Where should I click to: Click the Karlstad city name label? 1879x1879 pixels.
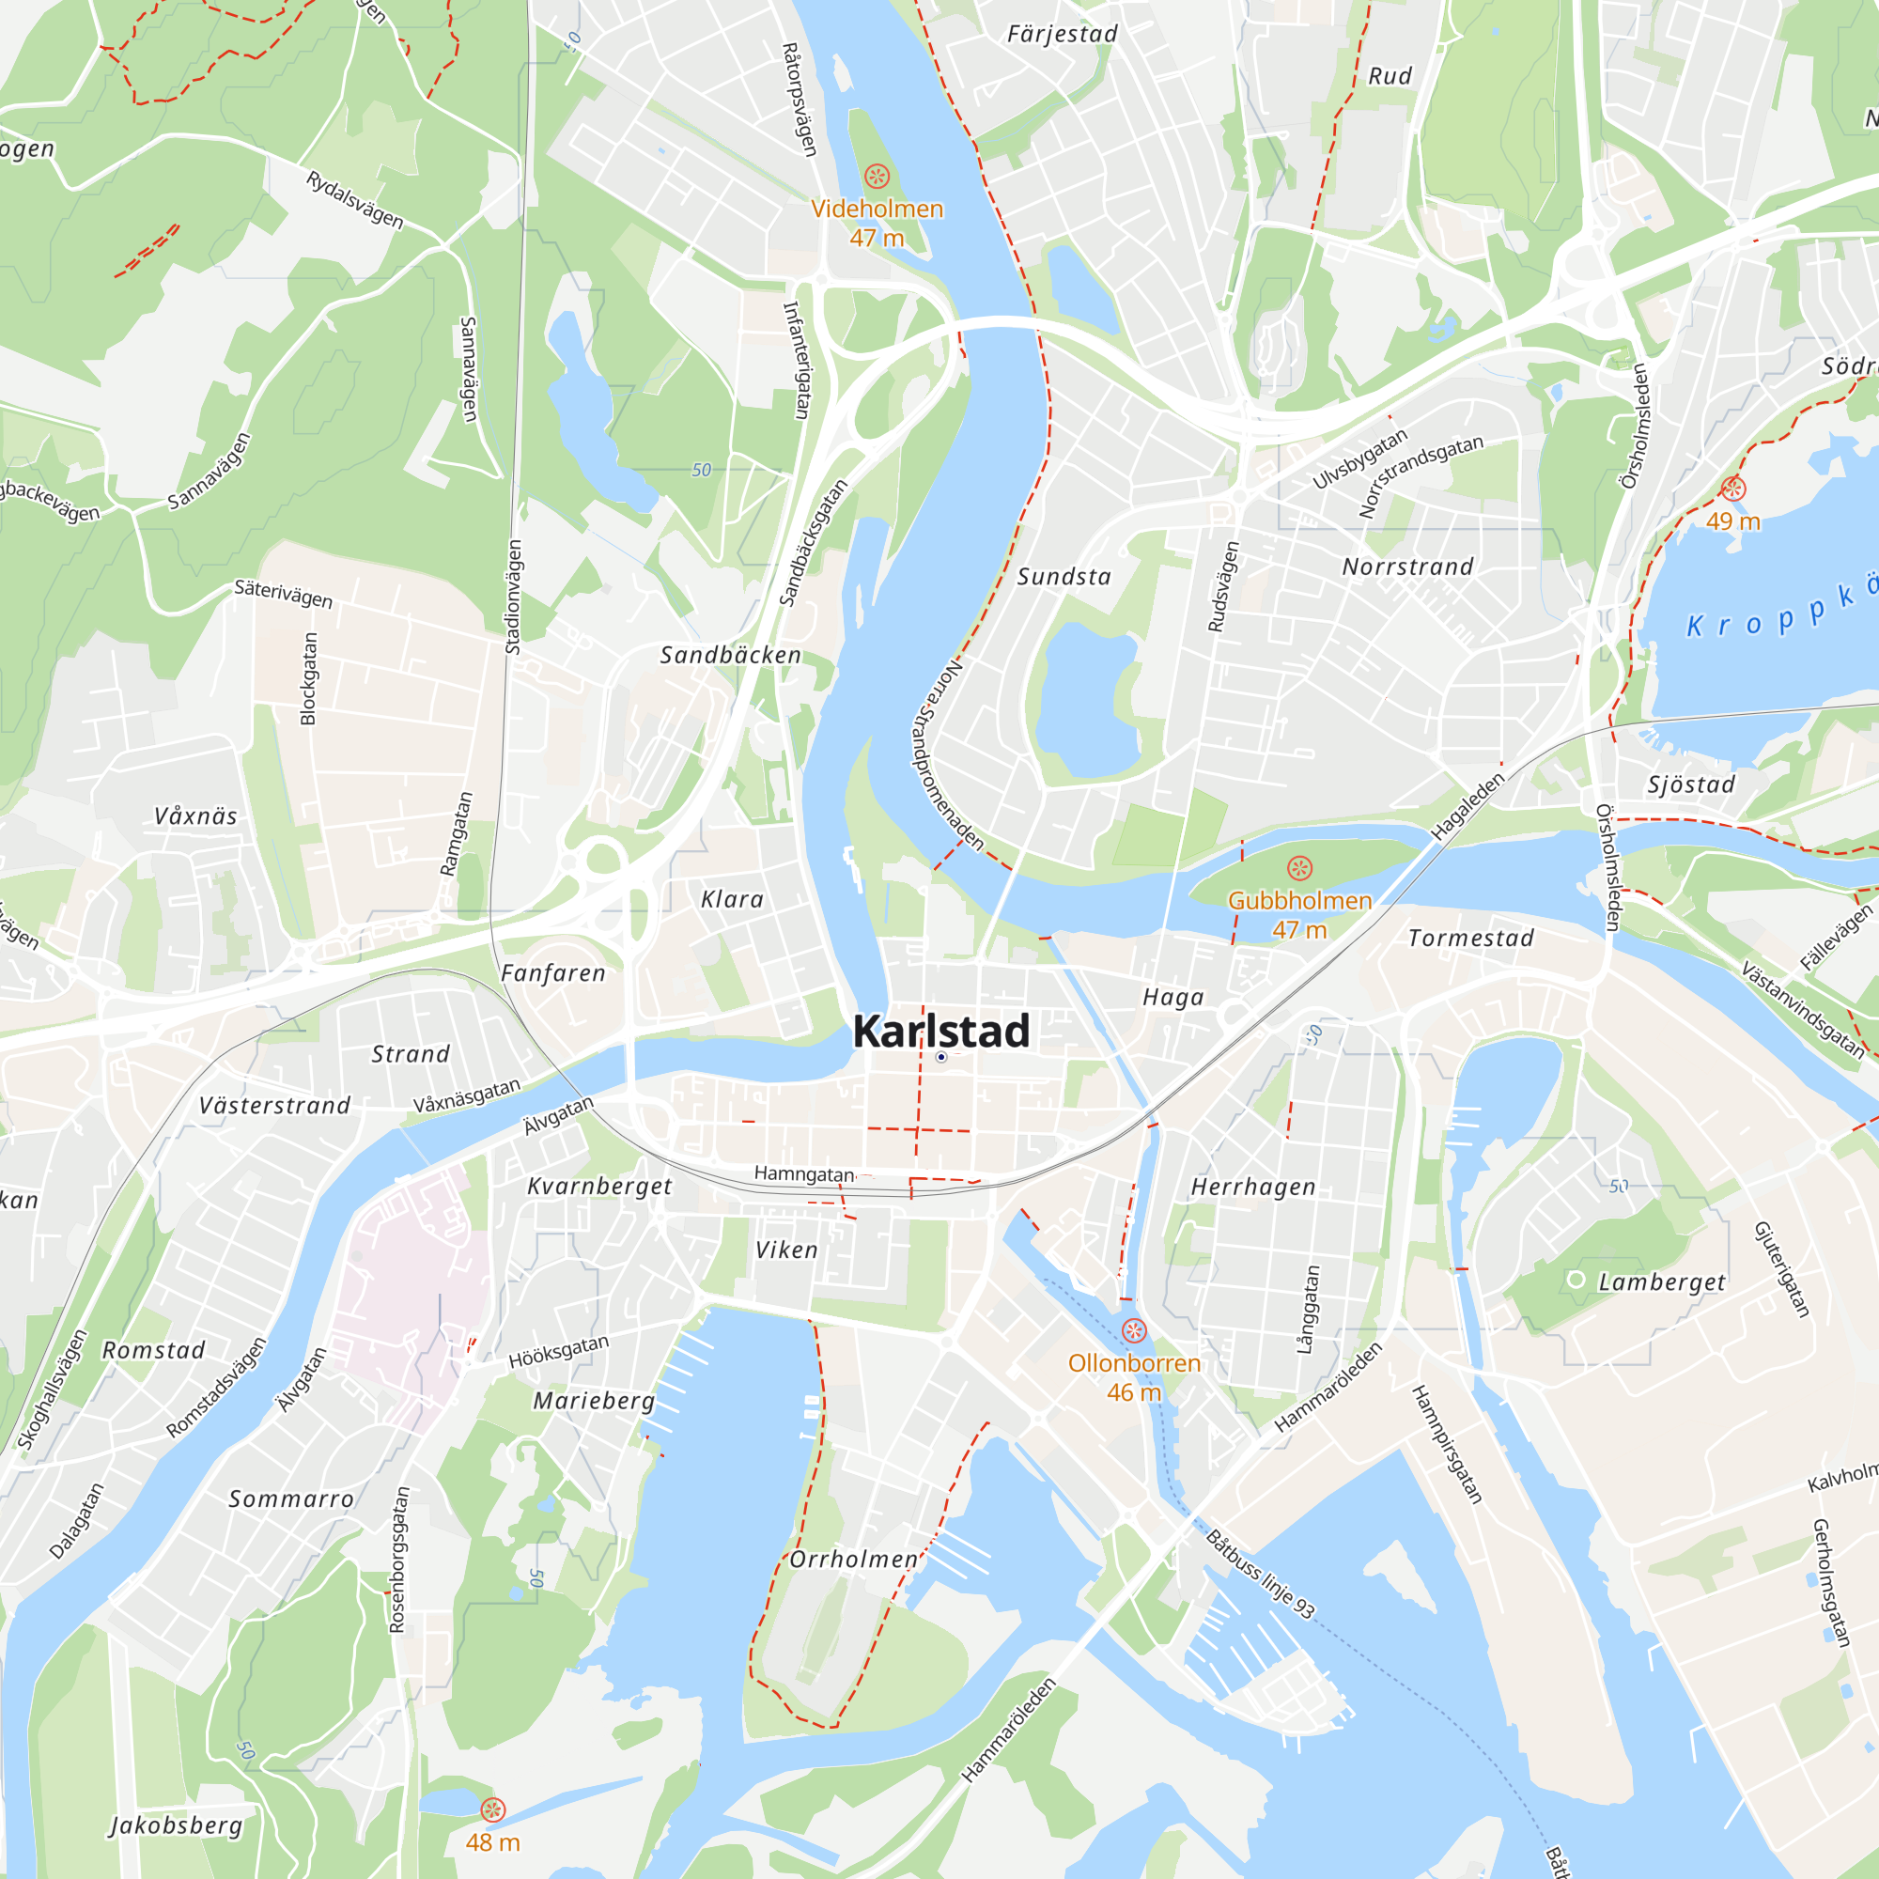pos(940,1032)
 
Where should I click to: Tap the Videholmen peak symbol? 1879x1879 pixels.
pos(877,176)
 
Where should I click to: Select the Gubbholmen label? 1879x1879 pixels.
pos(1299,901)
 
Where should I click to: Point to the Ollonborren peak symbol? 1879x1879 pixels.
pos(1134,1330)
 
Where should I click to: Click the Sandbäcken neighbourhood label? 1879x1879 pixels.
pos(730,656)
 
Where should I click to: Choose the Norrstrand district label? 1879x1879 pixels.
pos(1407,567)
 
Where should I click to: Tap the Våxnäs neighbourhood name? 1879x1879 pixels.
pos(195,816)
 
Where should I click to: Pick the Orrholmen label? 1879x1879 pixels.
pos(853,1560)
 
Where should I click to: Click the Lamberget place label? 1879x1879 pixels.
pos(1661,1282)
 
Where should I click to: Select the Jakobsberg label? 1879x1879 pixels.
pos(175,1825)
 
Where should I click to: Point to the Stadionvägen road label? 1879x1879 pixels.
pos(514,598)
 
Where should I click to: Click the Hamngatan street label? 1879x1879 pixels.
pos(803,1173)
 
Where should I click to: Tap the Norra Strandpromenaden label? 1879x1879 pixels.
pos(947,755)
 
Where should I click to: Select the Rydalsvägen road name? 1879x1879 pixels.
pos(355,199)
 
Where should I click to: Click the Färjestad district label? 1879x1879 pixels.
pos(1062,35)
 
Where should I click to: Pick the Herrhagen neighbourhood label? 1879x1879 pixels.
pos(1252,1188)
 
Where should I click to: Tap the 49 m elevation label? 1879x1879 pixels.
pos(1733,521)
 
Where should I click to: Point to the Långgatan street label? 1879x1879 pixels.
pos(1309,1309)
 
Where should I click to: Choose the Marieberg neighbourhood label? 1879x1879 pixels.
pos(593,1402)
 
